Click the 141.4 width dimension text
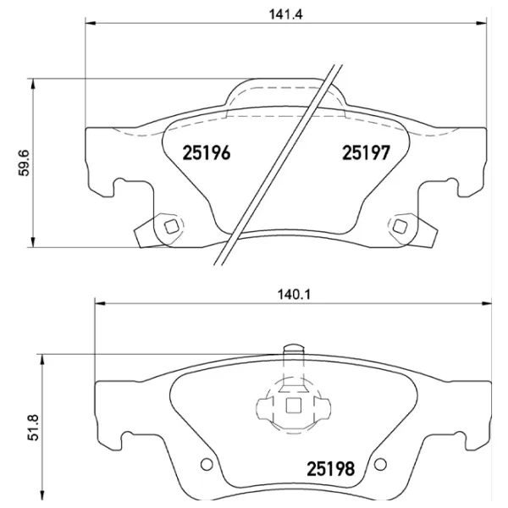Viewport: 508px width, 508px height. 285,13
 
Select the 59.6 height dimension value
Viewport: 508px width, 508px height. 25,160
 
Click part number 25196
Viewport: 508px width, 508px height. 207,153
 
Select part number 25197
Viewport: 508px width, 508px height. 365,153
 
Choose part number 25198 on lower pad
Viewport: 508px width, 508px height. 330,467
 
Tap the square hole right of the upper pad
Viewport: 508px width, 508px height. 399,225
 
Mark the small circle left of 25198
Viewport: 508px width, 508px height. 206,464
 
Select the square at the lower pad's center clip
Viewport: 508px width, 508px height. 294,406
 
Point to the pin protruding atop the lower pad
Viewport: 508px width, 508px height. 293,349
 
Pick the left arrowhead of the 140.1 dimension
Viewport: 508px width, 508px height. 97,304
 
